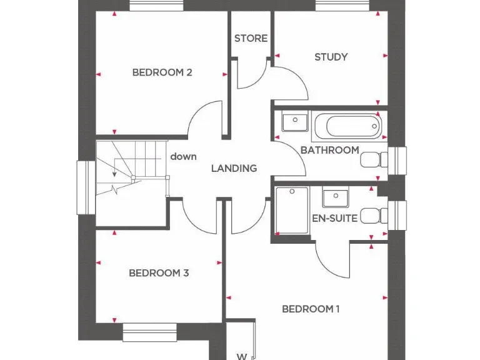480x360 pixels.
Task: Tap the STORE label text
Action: [x=251, y=39]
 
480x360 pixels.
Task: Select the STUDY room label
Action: [x=331, y=57]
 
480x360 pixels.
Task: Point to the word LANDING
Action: [x=234, y=168]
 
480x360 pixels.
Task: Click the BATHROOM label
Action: [x=329, y=150]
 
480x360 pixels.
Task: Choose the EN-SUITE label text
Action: [x=334, y=218]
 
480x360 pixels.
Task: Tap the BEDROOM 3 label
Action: [x=159, y=273]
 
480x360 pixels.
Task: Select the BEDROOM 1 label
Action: [x=311, y=309]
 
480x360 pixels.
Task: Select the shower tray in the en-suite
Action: [x=292, y=211]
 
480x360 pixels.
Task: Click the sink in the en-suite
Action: [x=336, y=197]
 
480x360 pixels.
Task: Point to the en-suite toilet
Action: [x=372, y=216]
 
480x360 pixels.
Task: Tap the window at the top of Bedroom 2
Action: [x=157, y=5]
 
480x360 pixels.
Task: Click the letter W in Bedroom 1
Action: [x=241, y=357]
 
